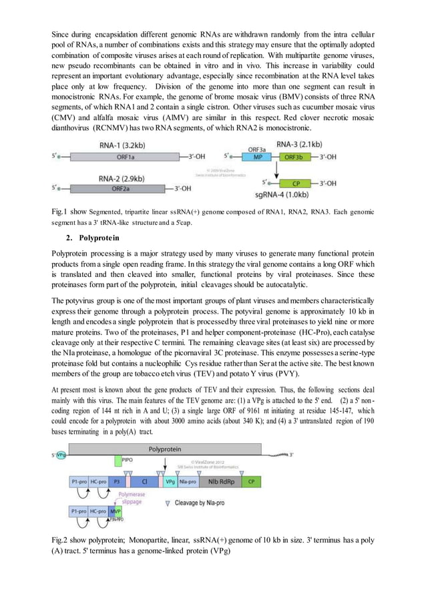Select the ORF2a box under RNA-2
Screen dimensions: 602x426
click(x=120, y=188)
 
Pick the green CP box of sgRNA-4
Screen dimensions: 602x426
click(x=295, y=182)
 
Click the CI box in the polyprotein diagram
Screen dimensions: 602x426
click(x=145, y=481)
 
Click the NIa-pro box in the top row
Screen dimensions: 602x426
click(x=188, y=481)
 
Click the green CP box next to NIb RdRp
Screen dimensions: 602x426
click(x=251, y=481)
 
